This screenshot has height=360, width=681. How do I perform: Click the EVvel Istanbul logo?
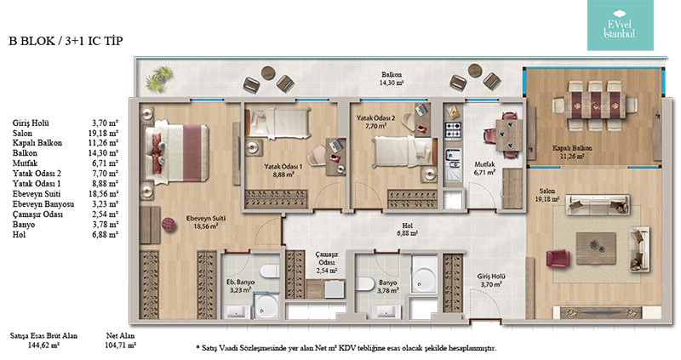(x=621, y=26)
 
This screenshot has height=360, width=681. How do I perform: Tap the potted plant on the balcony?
(x=159, y=78)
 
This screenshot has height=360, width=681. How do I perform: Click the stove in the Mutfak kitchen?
(x=453, y=131)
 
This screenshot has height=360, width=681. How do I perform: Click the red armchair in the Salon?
(x=558, y=258)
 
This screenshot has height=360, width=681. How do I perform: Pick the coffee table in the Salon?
(x=595, y=248)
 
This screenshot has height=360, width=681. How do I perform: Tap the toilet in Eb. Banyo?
(x=270, y=271)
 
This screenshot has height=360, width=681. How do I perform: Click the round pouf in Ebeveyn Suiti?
(x=169, y=224)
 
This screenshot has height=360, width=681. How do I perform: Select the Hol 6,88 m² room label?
(x=407, y=229)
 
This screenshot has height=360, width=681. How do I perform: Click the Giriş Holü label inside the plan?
(x=491, y=280)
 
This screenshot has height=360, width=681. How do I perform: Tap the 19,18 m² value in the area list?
(x=103, y=133)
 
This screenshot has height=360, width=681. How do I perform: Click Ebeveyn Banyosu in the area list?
(x=43, y=204)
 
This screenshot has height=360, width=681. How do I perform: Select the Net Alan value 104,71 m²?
(x=120, y=346)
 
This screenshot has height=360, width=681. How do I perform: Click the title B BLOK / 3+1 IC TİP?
(x=66, y=41)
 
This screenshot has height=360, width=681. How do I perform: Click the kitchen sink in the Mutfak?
(x=453, y=159)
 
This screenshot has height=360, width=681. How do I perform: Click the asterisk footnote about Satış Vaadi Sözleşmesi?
(x=346, y=347)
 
